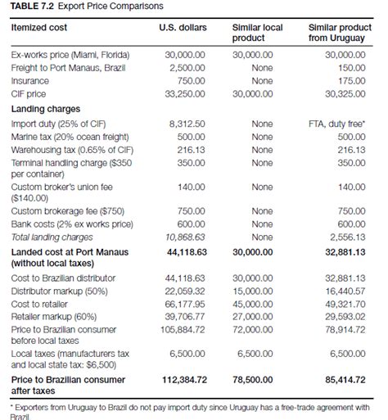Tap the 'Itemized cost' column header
[40, 28]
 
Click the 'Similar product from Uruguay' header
[338, 33]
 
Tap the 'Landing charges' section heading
[45, 109]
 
